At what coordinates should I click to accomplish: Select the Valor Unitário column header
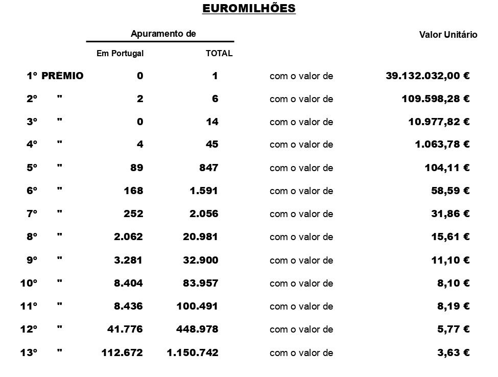click(448, 35)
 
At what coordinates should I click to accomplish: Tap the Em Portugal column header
click(120, 53)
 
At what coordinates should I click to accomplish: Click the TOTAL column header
click(219, 53)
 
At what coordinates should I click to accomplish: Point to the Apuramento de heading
click(163, 34)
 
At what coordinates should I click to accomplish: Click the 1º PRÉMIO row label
click(55, 76)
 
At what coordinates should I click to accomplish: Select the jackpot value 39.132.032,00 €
click(428, 76)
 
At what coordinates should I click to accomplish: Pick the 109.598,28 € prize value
click(436, 99)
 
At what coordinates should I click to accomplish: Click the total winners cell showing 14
click(212, 122)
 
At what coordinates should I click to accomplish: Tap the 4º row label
click(32, 145)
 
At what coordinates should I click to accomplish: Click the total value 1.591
click(204, 191)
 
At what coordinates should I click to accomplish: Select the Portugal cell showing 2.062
click(128, 237)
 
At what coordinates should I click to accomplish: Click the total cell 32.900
click(201, 260)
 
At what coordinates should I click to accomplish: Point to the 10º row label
click(31, 283)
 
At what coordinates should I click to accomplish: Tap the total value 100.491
click(198, 306)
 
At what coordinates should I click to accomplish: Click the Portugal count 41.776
click(125, 329)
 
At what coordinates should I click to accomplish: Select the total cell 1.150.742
click(193, 352)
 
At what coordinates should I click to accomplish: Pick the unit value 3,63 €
click(453, 352)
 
